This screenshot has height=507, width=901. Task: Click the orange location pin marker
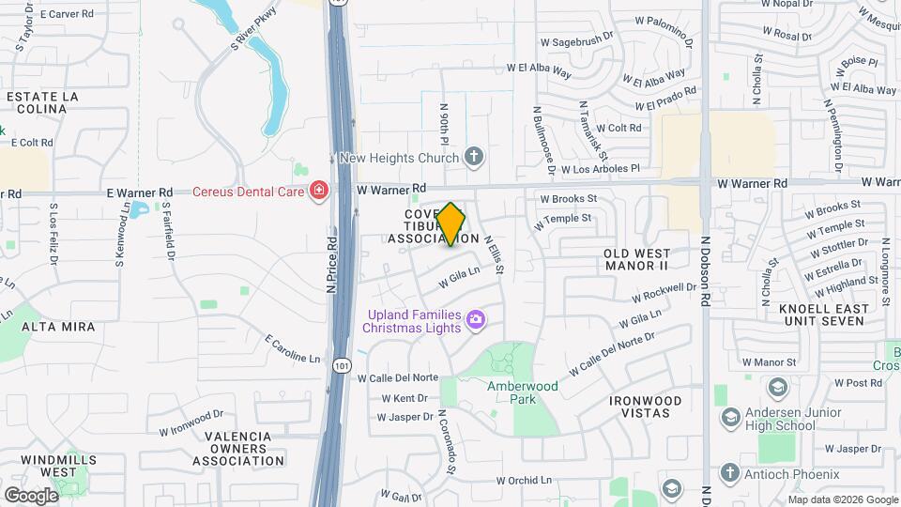(451, 223)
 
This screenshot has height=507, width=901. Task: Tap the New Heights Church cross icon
(475, 157)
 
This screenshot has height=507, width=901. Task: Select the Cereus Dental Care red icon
(320, 192)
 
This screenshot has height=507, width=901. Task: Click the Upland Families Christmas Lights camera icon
(476, 320)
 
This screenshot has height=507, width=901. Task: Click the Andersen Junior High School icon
(730, 416)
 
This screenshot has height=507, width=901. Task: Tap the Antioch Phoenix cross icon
(730, 472)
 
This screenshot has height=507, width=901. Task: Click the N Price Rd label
(332, 265)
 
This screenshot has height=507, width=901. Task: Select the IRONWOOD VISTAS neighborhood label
(645, 407)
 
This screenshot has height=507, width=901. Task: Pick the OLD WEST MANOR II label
(637, 260)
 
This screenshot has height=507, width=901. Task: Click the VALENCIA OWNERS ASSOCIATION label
(238, 449)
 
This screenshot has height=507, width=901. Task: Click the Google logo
(31, 495)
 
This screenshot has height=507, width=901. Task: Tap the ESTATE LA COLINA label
(37, 102)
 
